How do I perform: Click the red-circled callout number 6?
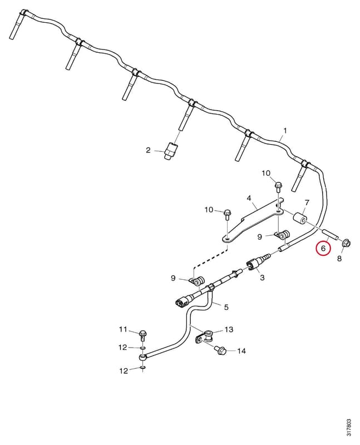(324, 248)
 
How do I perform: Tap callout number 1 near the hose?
(285, 131)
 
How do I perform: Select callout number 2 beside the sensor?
(148, 150)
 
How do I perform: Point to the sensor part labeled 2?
(170, 150)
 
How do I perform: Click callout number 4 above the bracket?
(249, 198)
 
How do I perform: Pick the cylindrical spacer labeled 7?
(299, 219)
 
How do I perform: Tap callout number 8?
(339, 259)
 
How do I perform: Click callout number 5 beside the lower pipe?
(226, 307)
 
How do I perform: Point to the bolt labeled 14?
(220, 350)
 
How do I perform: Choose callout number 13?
(229, 329)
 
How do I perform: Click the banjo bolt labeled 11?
(143, 335)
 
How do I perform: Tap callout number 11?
(123, 329)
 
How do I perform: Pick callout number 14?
(241, 351)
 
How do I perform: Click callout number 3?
(262, 277)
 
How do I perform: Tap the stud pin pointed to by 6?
(329, 234)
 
